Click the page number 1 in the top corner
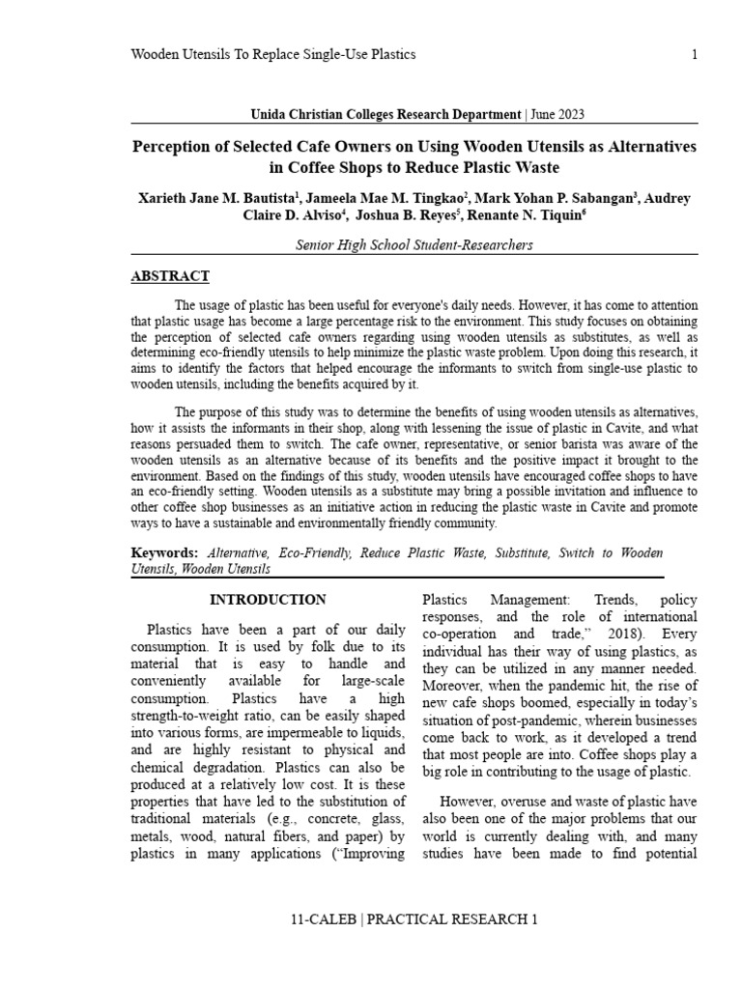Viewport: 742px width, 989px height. click(x=694, y=55)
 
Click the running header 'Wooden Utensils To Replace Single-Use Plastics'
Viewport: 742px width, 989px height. click(x=273, y=55)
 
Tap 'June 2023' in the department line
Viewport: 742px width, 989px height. click(x=556, y=114)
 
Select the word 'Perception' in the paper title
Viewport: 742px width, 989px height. click(x=174, y=146)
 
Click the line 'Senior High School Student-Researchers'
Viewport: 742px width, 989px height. click(x=414, y=245)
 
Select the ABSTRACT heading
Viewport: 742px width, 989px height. click(x=170, y=276)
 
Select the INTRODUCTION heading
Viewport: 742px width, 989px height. click(x=268, y=600)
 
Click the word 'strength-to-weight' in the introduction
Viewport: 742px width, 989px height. click(x=189, y=716)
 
